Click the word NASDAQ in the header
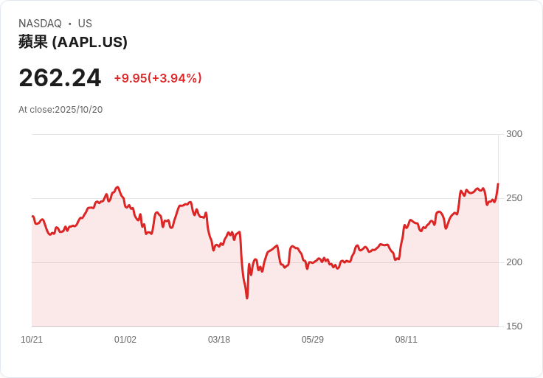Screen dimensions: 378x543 (40, 24)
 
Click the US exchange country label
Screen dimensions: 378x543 (85, 24)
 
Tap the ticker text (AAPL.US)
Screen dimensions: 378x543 (89, 42)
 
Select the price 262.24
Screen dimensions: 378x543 (60, 77)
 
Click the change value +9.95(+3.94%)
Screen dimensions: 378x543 (158, 78)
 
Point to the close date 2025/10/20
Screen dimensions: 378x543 (78, 110)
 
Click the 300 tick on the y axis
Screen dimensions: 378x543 (514, 134)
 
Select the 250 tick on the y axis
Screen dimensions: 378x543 (514, 198)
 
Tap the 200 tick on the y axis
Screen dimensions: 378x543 (514, 262)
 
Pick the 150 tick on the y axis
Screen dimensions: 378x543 (514, 326)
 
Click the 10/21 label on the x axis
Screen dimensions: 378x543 (32, 340)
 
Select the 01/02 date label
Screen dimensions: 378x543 (125, 340)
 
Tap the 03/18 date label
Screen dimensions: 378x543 (219, 340)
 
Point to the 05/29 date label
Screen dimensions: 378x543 (313, 340)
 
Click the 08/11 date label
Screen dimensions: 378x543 (407, 340)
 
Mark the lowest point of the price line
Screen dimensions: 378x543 (247, 298)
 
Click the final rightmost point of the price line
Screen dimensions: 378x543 (498, 184)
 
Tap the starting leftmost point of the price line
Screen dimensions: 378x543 (32, 217)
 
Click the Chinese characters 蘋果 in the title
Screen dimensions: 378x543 (33, 42)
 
